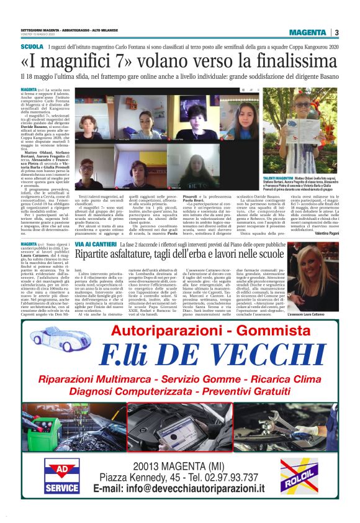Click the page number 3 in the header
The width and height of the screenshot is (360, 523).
pos(336,32)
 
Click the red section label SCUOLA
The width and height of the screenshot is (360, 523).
pos(32,47)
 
